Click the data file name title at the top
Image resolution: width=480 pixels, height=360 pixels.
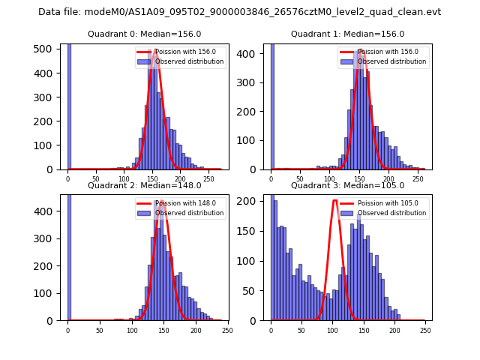click(239, 12)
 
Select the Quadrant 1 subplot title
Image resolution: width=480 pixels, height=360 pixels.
click(347, 34)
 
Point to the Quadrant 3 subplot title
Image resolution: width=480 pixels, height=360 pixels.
click(347, 185)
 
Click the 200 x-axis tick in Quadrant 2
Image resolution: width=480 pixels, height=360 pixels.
click(196, 330)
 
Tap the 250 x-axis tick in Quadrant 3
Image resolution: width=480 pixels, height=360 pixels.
click(425, 330)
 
